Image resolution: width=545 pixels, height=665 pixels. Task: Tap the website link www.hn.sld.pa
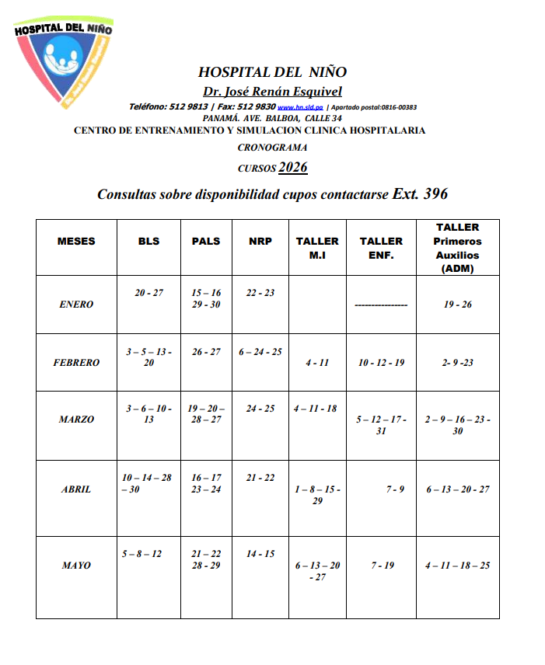pyautogui.click(x=300, y=107)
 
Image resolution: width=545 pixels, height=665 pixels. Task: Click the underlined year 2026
pyautogui.click(x=293, y=167)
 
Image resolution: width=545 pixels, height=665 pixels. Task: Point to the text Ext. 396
pyautogui.click(x=420, y=194)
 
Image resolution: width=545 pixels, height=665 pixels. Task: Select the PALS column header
pyautogui.click(x=206, y=241)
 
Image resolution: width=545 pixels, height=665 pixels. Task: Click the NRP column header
pyautogui.click(x=260, y=241)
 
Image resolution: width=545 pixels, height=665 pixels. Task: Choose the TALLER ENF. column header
pyautogui.click(x=381, y=247)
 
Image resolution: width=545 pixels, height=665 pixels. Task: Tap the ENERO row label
pyautogui.click(x=76, y=305)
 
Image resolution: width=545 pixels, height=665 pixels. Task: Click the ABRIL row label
pyautogui.click(x=76, y=489)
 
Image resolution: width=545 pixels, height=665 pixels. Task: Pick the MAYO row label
pyautogui.click(x=76, y=566)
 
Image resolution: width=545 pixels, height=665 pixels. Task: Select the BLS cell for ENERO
pyautogui.click(x=148, y=293)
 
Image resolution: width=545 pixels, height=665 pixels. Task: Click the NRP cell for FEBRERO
pyautogui.click(x=260, y=352)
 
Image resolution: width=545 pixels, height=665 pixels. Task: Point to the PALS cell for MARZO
pyautogui.click(x=206, y=413)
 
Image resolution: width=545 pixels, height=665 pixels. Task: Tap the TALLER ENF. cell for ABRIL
pyautogui.click(x=395, y=489)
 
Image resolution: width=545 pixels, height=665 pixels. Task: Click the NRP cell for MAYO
pyautogui.click(x=260, y=554)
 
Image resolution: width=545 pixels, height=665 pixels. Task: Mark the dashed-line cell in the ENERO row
pyautogui.click(x=381, y=305)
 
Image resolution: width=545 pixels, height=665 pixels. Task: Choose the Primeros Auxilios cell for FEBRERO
pyautogui.click(x=457, y=363)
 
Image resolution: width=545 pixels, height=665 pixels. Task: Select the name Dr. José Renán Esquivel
pyautogui.click(x=272, y=92)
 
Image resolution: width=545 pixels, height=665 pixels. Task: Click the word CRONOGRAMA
pyautogui.click(x=272, y=147)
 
